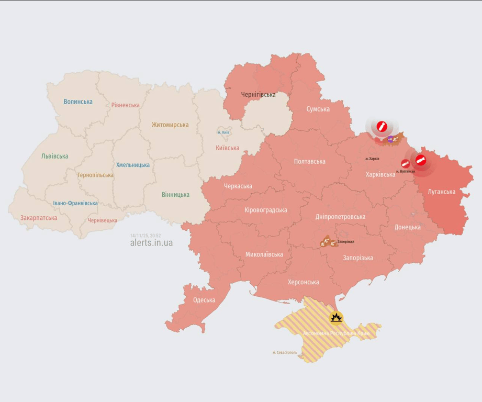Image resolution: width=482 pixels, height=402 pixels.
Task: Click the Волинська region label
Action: (x=78, y=102)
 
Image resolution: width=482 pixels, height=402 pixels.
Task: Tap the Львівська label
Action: (x=54, y=156)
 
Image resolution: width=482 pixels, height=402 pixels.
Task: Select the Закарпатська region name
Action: (x=39, y=217)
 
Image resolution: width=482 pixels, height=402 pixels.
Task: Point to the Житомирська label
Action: (x=170, y=125)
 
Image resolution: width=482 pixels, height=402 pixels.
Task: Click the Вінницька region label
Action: (x=175, y=194)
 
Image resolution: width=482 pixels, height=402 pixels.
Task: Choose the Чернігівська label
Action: (x=258, y=94)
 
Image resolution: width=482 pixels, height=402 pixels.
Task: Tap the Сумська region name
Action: (x=318, y=109)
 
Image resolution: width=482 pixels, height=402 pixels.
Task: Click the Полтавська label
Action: (x=309, y=162)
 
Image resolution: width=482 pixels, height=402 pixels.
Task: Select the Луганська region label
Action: (x=441, y=192)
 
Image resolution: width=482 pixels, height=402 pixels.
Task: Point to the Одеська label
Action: (x=204, y=300)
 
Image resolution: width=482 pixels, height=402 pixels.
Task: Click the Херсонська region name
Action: (x=303, y=282)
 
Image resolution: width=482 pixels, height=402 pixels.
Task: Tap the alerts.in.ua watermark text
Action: (x=151, y=243)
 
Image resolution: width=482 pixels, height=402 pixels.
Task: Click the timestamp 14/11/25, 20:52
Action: (x=145, y=236)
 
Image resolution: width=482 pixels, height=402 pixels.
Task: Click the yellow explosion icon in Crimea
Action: (x=336, y=318)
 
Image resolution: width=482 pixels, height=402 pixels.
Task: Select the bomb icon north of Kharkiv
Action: (x=382, y=126)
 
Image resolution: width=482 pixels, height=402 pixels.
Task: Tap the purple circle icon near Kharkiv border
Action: (x=390, y=139)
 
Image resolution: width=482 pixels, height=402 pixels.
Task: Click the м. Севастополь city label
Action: (x=285, y=352)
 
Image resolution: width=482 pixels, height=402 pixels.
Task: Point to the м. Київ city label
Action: (x=223, y=132)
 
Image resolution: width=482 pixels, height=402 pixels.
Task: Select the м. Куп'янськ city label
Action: (x=406, y=171)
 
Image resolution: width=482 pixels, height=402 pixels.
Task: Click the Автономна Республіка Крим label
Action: (x=337, y=333)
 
